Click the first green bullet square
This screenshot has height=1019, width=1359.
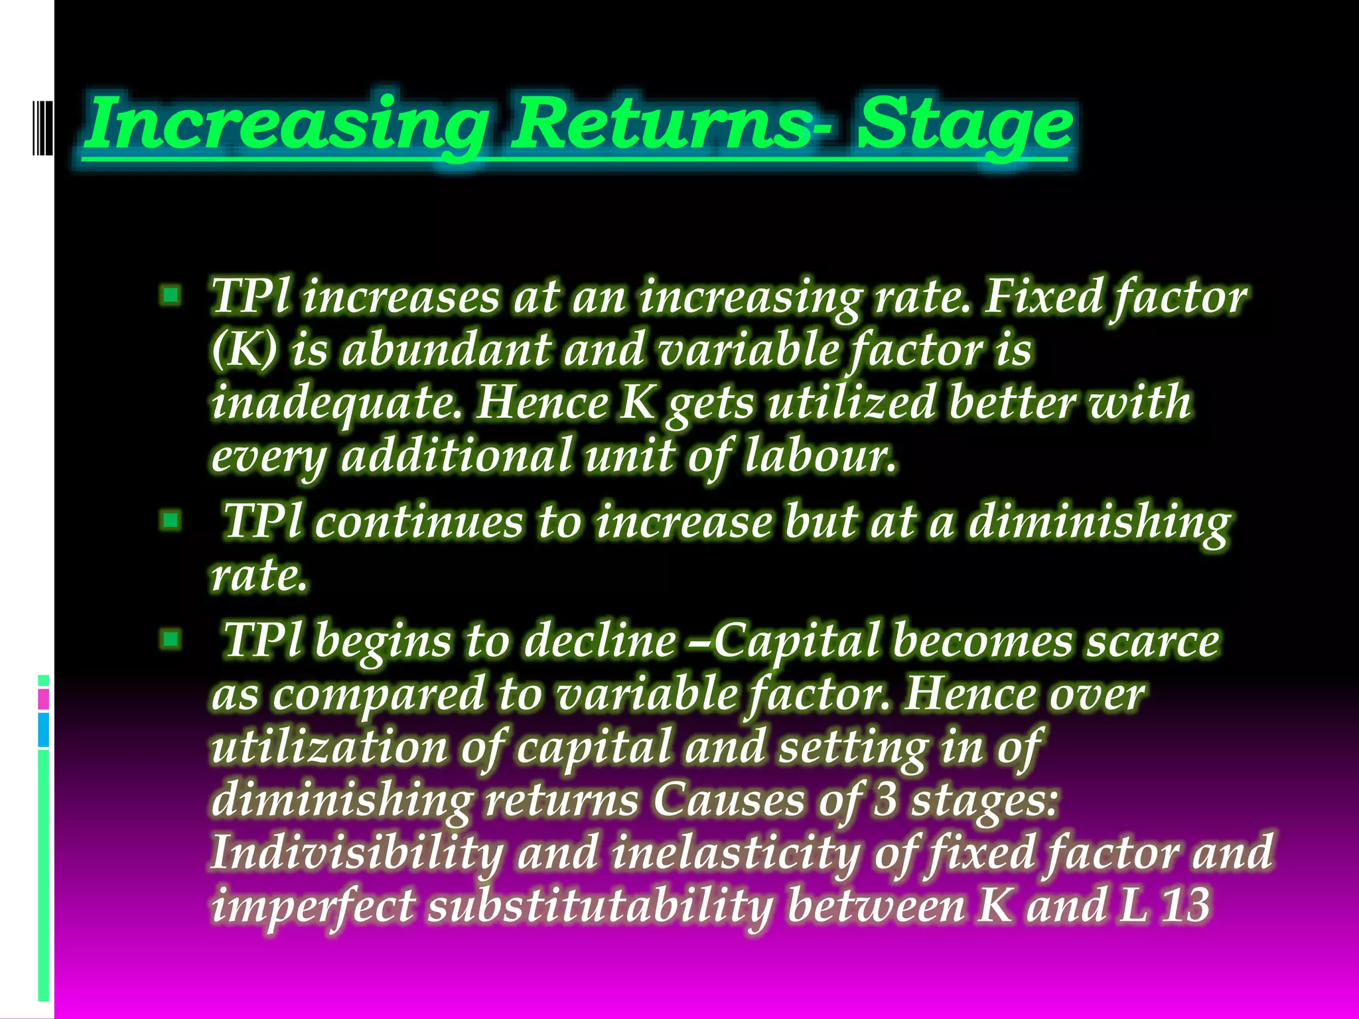click(x=171, y=295)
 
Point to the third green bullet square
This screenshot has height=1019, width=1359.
click(x=171, y=639)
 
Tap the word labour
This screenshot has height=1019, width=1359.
click(x=820, y=456)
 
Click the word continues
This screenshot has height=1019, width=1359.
click(x=418, y=521)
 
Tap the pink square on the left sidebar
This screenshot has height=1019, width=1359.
click(x=44, y=699)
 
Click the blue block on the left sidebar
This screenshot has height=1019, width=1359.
click(x=44, y=730)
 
